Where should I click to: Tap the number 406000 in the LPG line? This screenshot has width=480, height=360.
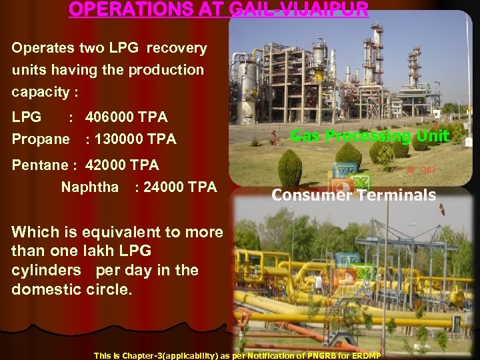point(110,117)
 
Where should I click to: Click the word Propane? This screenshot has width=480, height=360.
point(40,139)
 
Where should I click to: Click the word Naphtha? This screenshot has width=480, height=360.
point(89,187)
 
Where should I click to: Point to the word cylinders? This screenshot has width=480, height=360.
point(48,271)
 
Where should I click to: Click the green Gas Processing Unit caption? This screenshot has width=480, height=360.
point(370,137)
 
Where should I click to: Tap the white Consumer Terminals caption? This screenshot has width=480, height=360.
point(353,195)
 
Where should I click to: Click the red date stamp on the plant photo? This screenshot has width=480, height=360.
point(422,171)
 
